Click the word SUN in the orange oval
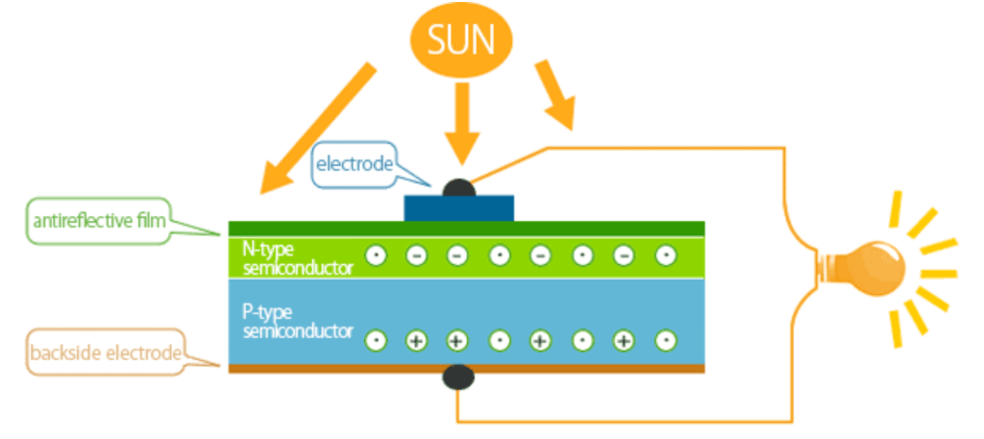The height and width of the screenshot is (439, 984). pos(461,40)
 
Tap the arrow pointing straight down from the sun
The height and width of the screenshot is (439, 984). pos(461,120)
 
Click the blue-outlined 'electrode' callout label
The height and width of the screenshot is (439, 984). pos(356,164)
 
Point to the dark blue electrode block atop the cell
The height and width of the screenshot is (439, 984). pos(459,207)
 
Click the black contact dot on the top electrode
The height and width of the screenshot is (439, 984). pos(458,187)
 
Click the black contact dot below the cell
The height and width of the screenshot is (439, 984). pos(457,378)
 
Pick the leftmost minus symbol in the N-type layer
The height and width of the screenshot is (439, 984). pos(416,256)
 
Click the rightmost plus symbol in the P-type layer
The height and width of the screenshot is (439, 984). pos(624,340)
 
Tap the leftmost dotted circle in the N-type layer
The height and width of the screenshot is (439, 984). pos(375,256)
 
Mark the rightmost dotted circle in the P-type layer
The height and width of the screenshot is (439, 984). pos(665,340)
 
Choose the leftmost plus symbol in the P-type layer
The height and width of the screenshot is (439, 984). pos(416,340)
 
